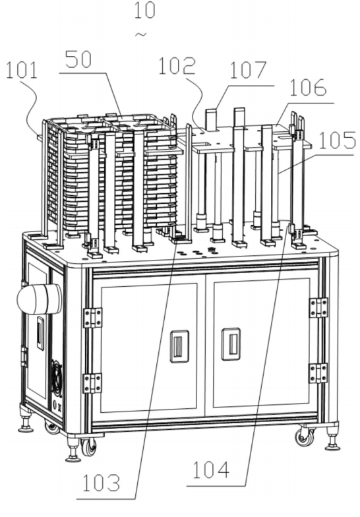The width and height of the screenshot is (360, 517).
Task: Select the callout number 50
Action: tap(78, 59)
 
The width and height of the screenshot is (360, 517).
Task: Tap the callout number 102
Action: tap(177, 66)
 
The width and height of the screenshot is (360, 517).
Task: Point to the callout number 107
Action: tap(248, 70)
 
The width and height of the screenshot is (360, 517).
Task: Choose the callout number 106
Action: tap(309, 87)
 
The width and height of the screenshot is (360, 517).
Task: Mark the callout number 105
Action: tap(337, 140)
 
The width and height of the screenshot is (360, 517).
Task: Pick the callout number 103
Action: tap(101, 483)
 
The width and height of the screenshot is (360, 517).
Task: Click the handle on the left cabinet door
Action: tap(179, 346)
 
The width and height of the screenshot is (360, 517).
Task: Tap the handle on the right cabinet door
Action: tap(231, 344)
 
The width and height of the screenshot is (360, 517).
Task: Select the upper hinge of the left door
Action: tap(92, 318)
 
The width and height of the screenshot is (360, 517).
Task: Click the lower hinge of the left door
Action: tap(92, 383)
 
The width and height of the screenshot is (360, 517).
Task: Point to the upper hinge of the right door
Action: tap(318, 307)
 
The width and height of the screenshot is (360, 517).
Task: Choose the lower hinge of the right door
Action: tap(318, 373)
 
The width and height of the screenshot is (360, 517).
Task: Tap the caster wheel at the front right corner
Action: tap(305, 437)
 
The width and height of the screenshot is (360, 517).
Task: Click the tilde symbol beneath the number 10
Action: tap(141, 34)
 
